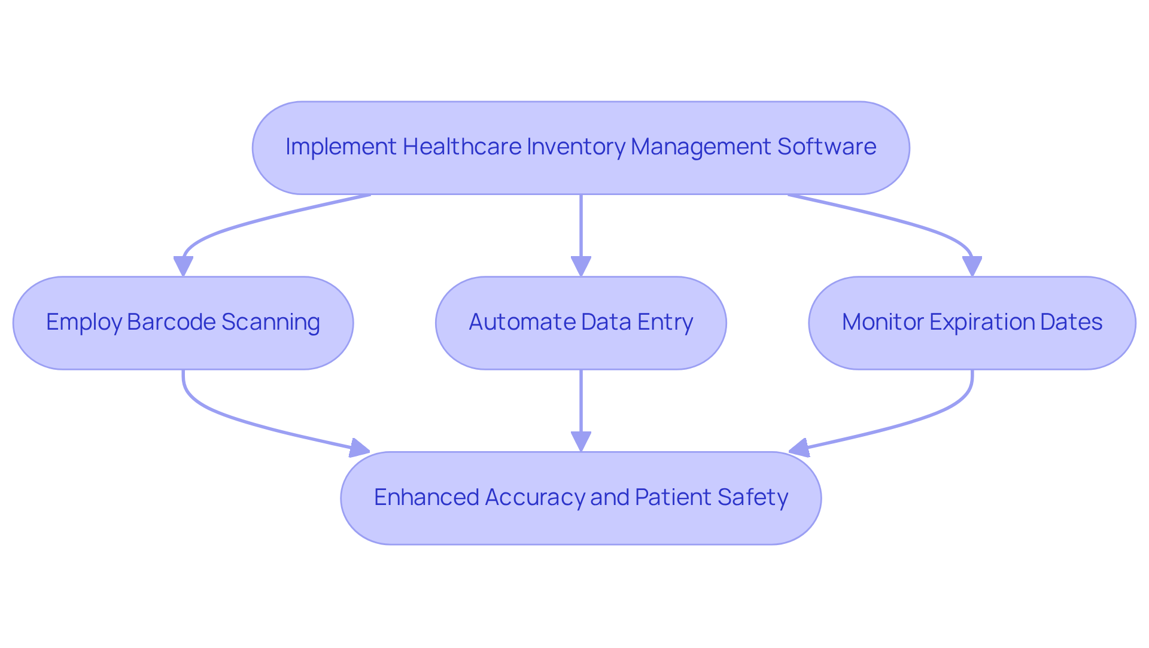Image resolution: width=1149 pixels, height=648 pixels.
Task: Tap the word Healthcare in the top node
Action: pyautogui.click(x=461, y=147)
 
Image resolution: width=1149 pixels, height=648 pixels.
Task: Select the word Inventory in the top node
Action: pyautogui.click(x=575, y=147)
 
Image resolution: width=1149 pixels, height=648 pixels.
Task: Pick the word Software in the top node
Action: pyautogui.click(x=826, y=147)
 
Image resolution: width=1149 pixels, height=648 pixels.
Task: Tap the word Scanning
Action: pyautogui.click(x=270, y=323)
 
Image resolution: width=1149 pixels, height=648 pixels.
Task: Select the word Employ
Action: pyautogui.click(x=84, y=323)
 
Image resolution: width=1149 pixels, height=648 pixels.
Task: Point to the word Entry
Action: pyautogui.click(x=665, y=323)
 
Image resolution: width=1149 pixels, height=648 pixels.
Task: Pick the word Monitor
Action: pyautogui.click(x=882, y=323)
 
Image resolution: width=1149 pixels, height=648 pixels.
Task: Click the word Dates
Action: pyautogui.click(x=1071, y=323)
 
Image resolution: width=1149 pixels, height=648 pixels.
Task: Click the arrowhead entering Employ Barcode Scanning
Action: pyautogui.click(x=183, y=266)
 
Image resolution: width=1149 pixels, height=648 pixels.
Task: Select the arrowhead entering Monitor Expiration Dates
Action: pyautogui.click(x=972, y=266)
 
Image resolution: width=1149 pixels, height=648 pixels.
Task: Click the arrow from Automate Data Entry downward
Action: pyautogui.click(x=580, y=407)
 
